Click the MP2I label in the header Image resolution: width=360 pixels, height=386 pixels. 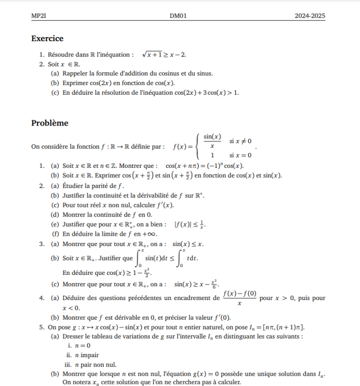tap(39, 16)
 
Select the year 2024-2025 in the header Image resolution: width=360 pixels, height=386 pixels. tap(310, 16)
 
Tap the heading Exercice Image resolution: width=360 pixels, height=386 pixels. tap(47, 39)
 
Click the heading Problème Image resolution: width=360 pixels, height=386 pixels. tap(49, 123)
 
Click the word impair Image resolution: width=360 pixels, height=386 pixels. tap(88, 355)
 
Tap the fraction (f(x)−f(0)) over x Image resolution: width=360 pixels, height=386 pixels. tap(239, 298)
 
